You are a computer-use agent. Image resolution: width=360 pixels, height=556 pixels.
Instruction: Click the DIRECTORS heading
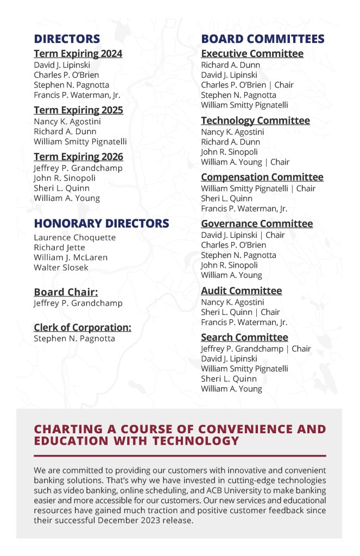pyautogui.click(x=67, y=39)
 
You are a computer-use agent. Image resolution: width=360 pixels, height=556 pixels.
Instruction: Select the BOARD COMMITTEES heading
pyautogui.click(x=263, y=39)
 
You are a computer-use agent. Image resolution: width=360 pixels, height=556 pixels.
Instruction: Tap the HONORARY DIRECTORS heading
pyautogui.click(x=102, y=224)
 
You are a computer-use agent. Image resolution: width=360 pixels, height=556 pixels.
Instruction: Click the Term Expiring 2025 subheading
pyautogui.click(x=78, y=110)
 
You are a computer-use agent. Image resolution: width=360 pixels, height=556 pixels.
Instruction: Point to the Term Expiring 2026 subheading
pyautogui.click(x=78, y=157)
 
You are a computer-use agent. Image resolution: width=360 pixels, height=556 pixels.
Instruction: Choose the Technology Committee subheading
pyautogui.click(x=255, y=121)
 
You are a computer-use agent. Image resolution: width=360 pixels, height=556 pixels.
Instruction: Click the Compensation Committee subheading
pyautogui.click(x=262, y=177)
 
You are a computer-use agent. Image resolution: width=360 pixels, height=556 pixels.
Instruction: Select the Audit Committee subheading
pyautogui.click(x=241, y=291)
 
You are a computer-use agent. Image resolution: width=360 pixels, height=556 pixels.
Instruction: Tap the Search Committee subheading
pyautogui.click(x=244, y=338)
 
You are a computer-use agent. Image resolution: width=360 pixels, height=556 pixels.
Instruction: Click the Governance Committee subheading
pyautogui.click(x=257, y=224)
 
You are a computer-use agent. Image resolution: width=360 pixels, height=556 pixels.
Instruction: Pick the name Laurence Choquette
pyautogui.click(x=74, y=237)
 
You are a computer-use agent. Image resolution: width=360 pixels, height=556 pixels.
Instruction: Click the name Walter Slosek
pyautogui.click(x=61, y=267)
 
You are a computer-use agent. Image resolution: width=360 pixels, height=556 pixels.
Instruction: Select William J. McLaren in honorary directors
pyautogui.click(x=71, y=257)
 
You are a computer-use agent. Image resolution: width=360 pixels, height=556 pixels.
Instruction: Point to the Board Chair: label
pyautogui.click(x=66, y=292)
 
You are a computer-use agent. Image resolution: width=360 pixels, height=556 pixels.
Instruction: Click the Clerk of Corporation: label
pyautogui.click(x=83, y=327)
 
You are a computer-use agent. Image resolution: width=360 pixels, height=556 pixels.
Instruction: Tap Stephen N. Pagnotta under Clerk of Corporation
pyautogui.click(x=74, y=338)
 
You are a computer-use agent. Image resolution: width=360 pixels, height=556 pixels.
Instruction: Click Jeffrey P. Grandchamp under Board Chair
pyautogui.click(x=78, y=303)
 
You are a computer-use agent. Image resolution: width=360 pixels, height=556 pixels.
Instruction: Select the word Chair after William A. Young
pyautogui.click(x=279, y=162)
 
